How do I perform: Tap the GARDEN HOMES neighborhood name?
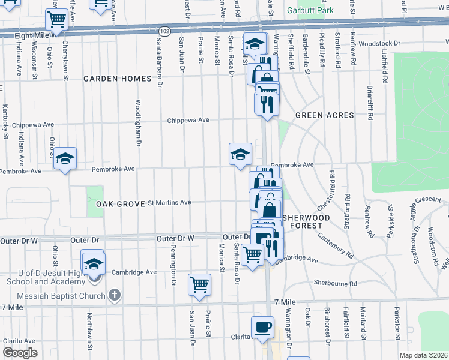pos(117,79)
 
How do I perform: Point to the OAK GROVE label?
pos(120,204)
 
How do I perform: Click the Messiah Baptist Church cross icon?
pos(116,295)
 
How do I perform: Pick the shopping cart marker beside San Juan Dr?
pos(199,284)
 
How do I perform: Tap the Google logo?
pos(20,353)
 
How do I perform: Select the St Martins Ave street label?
pos(169,202)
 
